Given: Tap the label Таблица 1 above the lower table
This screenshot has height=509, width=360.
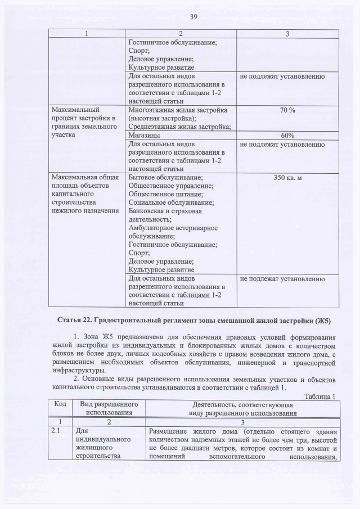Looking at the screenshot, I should [x=319, y=396].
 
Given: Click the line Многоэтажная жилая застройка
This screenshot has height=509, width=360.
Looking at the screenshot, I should [x=178, y=110].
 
